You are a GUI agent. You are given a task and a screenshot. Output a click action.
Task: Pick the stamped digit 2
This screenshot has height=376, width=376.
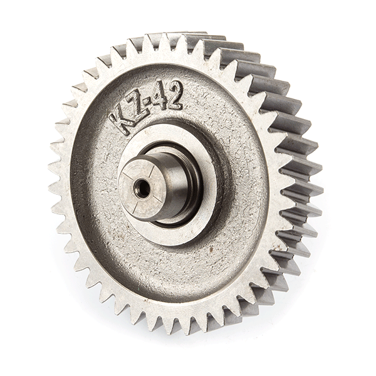click(176, 94)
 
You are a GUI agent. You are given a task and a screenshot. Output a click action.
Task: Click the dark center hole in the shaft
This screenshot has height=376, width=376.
click(142, 188)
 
